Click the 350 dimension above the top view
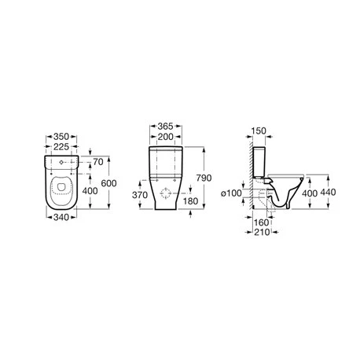pos(61,137)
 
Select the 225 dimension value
pos(61,147)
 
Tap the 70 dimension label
pos(98,162)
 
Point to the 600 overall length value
pos(108,183)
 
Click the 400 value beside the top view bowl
pos(90,191)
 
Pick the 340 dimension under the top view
pos(61,217)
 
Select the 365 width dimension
pos(166,127)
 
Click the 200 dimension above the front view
pos(166,137)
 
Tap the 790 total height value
pos(204,178)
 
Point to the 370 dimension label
pos(140,195)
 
